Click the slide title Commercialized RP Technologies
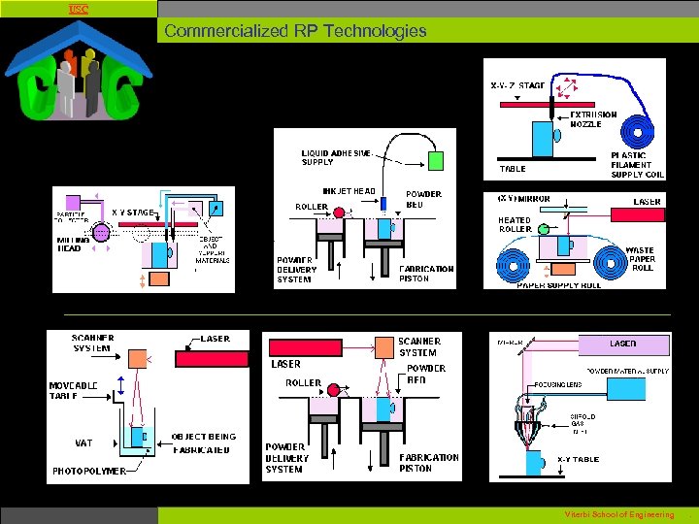295,30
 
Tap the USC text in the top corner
78,9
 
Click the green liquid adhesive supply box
436,160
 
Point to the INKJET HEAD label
349,191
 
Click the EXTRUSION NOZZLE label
593,119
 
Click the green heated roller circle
543,230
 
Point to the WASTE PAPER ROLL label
640,259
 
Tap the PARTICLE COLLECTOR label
70,217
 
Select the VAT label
84,442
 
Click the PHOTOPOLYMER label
89,471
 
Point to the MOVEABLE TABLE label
74,391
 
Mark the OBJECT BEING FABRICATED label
203,443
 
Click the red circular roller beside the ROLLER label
335,390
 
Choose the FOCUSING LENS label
560,385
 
